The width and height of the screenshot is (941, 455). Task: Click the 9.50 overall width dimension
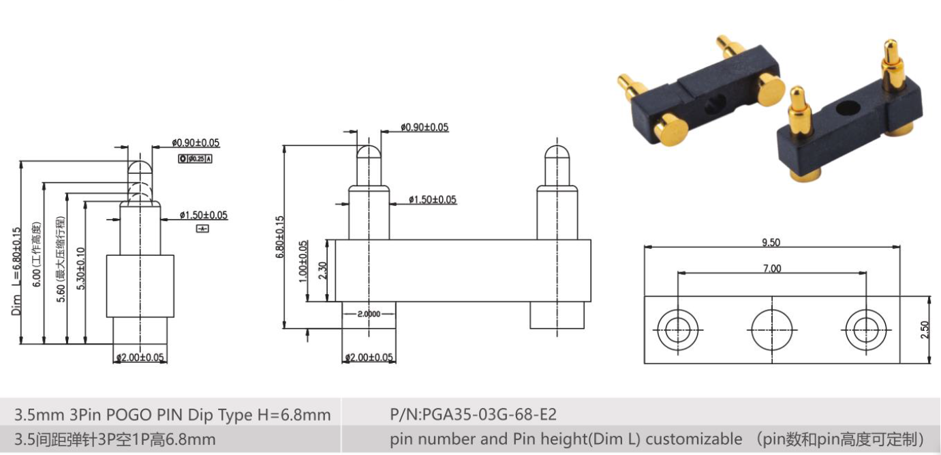click(771, 242)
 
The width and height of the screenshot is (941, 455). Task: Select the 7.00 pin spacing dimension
click(771, 268)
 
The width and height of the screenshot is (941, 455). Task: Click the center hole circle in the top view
click(771, 330)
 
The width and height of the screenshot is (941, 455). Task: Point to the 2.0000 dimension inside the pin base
click(369, 314)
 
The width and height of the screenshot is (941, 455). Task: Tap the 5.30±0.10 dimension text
click(81, 269)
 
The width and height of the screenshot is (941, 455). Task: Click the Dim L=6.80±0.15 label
click(16, 273)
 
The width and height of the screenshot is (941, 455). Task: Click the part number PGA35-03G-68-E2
click(473, 414)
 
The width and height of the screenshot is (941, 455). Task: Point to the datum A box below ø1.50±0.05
click(202, 229)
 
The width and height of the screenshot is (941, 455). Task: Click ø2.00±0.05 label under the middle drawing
click(369, 357)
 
